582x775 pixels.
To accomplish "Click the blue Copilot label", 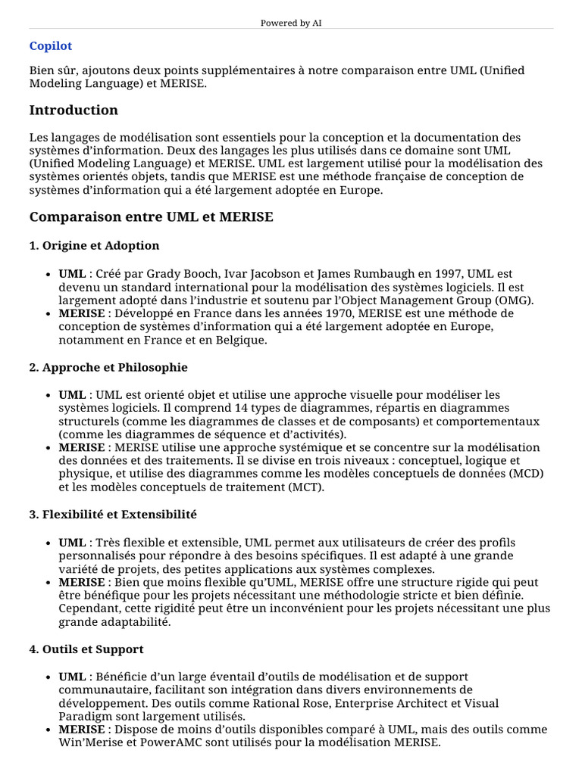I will click(x=51, y=46).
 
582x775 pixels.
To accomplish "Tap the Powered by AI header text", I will click(x=291, y=23).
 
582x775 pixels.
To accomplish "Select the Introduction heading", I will click(x=74, y=110).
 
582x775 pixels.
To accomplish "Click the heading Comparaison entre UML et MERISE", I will click(x=151, y=217).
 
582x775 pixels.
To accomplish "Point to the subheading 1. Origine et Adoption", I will click(x=94, y=245).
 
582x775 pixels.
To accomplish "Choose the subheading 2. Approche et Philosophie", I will click(x=108, y=367).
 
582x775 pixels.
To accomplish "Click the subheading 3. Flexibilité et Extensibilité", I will click(x=113, y=514).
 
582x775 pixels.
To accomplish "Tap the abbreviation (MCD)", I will click(x=527, y=474).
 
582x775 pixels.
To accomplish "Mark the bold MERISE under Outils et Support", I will click(x=82, y=730).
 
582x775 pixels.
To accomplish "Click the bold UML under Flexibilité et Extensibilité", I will click(x=72, y=542).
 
